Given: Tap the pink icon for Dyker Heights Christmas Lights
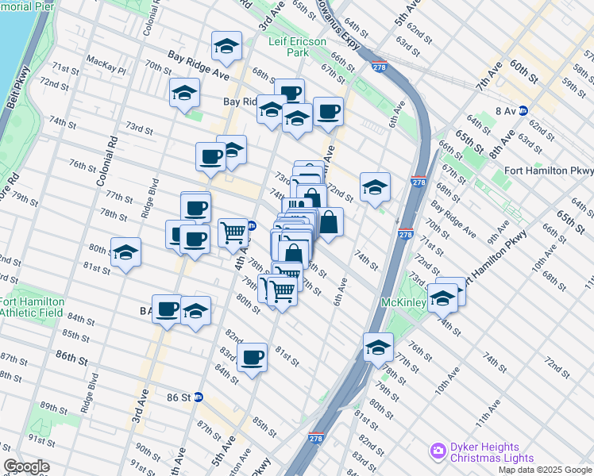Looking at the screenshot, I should click(438, 451).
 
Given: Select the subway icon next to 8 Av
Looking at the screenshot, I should click(523, 112).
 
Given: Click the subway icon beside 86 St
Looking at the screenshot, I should click(199, 397).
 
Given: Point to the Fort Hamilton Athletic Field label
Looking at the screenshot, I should click(28, 306).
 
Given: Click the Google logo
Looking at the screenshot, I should click(27, 466).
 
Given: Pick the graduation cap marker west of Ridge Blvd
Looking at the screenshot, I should click(125, 252).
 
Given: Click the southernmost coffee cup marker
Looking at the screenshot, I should click(252, 357).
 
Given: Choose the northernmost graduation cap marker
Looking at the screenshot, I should click(226, 47).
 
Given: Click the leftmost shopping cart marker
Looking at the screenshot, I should click(233, 232).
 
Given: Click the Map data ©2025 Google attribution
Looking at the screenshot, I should click(545, 470).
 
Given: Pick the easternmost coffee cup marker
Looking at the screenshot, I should click(327, 112).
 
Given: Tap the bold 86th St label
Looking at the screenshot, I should click(71, 358).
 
